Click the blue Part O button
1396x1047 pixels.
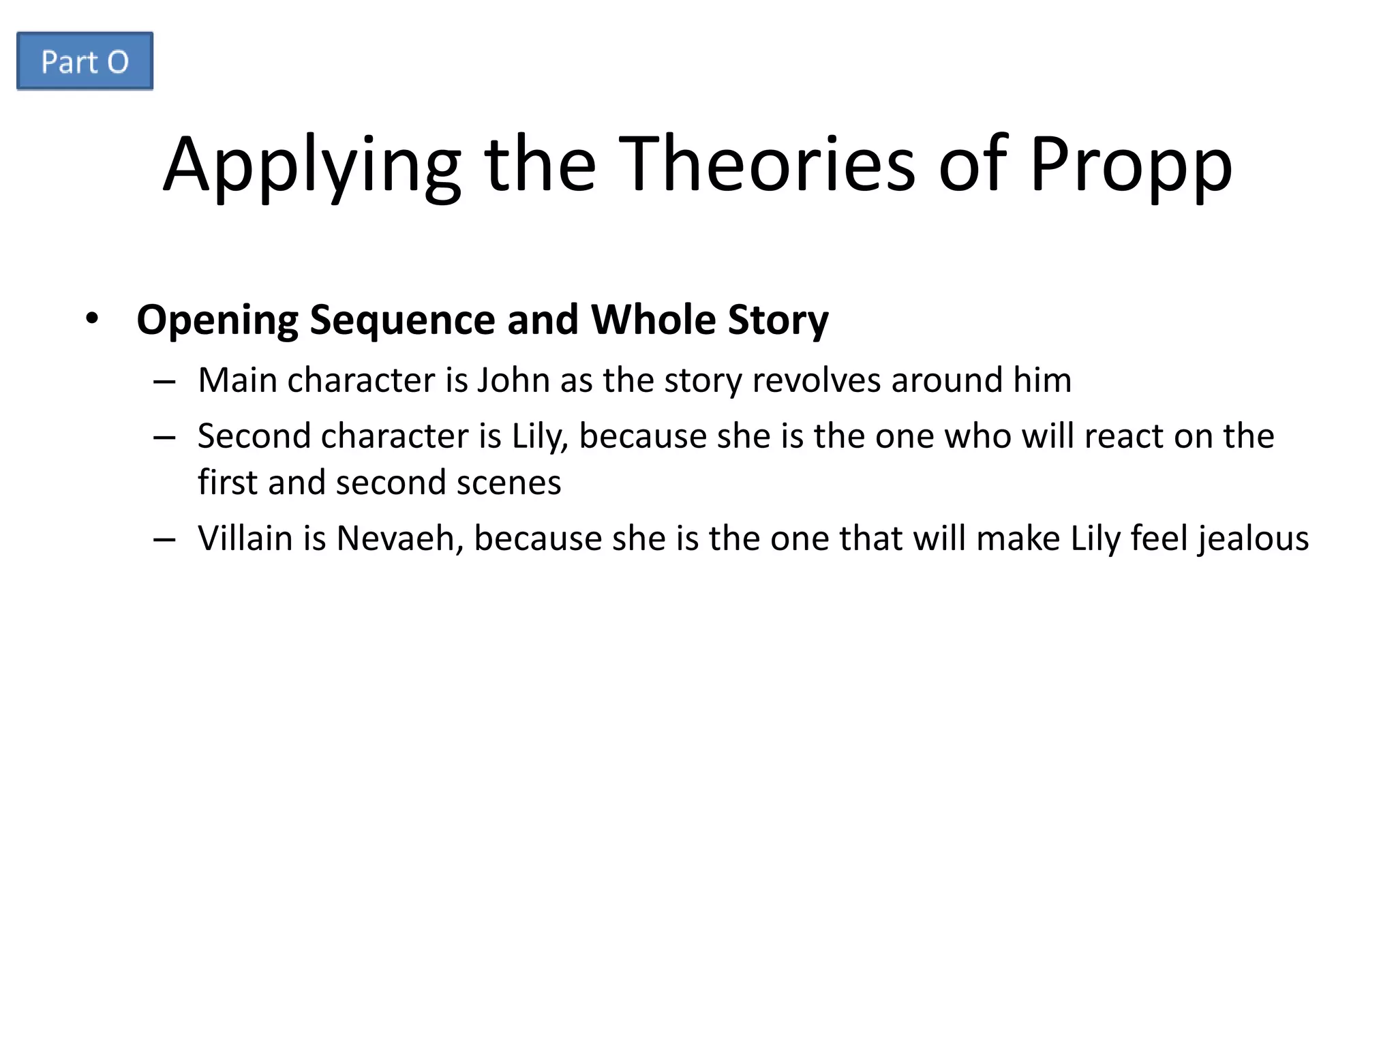pyautogui.click(x=85, y=61)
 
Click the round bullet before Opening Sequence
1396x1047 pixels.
pyautogui.click(x=92, y=318)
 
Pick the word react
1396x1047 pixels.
pyautogui.click(x=1123, y=436)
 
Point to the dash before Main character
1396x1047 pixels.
pyautogui.click(x=164, y=382)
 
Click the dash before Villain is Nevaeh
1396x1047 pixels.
pyautogui.click(x=164, y=540)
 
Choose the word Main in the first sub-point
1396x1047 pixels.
pyautogui.click(x=237, y=380)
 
